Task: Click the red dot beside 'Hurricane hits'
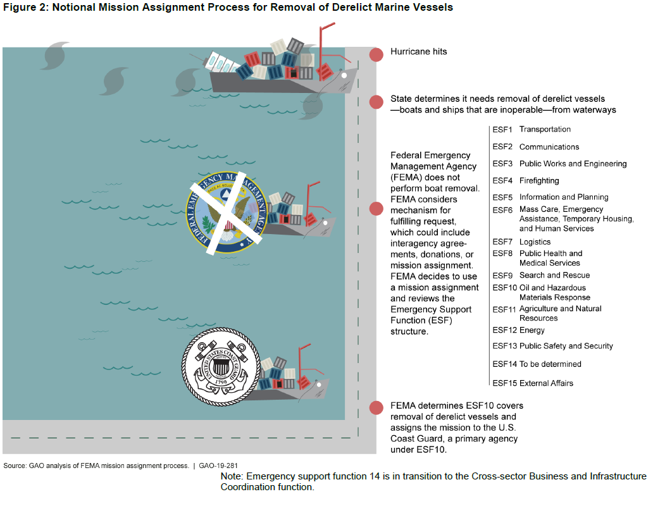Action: tap(376, 54)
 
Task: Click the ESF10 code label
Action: tap(505, 288)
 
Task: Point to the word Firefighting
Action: tap(539, 181)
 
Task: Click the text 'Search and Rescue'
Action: tap(554, 275)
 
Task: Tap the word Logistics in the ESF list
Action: tap(535, 242)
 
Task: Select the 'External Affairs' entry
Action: tap(546, 383)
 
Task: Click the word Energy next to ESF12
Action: tap(532, 330)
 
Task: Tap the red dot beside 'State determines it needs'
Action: tap(376, 102)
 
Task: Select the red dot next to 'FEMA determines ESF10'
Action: tap(376, 408)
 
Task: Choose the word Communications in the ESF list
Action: tap(549, 147)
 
